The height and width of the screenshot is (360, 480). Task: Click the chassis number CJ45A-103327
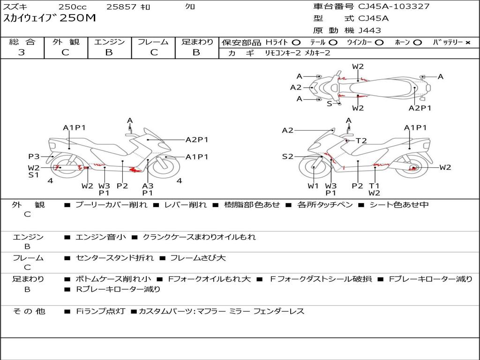[x=394, y=7]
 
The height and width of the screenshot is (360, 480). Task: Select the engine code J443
[x=370, y=30]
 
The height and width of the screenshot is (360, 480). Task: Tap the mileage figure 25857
[x=121, y=7]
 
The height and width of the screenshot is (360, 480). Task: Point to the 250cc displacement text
[x=73, y=7]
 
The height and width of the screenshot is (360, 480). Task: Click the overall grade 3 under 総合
[x=22, y=52]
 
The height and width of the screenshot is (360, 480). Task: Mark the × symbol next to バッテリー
[x=467, y=42]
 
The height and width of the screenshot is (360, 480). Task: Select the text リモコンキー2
[x=283, y=53]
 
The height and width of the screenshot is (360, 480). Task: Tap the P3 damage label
[x=34, y=157]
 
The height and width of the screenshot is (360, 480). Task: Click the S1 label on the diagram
[x=34, y=175]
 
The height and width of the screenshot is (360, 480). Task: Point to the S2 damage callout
[x=287, y=157]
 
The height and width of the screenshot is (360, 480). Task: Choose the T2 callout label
[x=361, y=141]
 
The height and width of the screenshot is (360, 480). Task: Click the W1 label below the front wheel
[x=313, y=186]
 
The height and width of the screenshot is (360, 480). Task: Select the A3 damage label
[x=148, y=186]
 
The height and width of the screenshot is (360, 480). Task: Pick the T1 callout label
[x=374, y=186]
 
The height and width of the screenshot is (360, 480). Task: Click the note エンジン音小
[x=100, y=237]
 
